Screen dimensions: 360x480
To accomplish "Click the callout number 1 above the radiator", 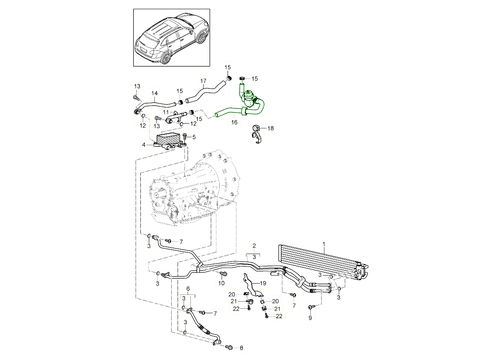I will [324, 243].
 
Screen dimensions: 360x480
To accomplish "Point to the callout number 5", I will [194, 137].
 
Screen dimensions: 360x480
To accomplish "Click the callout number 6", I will [188, 288].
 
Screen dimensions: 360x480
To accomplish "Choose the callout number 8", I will [241, 348].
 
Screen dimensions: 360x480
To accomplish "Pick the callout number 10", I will [222, 283].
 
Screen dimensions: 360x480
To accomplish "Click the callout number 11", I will [166, 112].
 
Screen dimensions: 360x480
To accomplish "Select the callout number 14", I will [154, 94].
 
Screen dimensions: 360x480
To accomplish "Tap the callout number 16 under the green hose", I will [234, 122].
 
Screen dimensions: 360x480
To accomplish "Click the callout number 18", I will [271, 128].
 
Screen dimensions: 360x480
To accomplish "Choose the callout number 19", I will [262, 283].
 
